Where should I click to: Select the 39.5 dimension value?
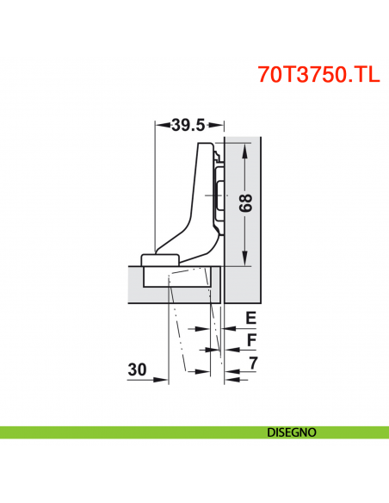pos(187,125)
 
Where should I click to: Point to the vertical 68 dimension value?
pos(245,203)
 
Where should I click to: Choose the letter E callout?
pos(250,318)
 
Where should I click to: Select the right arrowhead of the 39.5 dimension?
pos(218,125)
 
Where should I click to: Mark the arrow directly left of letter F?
pos(230,350)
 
